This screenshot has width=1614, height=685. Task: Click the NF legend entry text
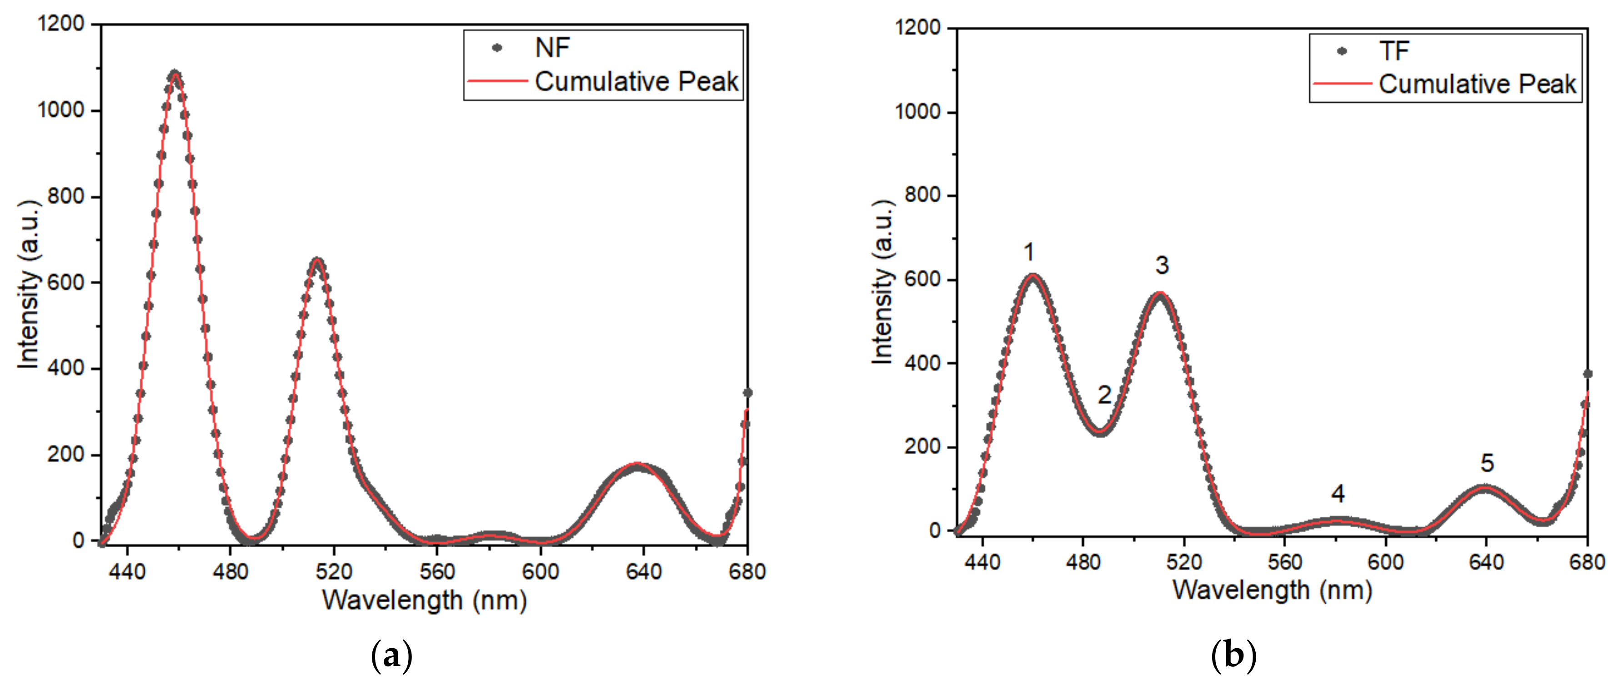coord(552,48)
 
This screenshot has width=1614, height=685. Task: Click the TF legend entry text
coord(1393,51)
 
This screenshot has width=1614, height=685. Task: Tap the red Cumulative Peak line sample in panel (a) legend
coord(497,81)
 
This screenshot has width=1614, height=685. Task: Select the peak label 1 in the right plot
coord(1029,252)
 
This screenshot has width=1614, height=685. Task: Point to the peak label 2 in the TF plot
coord(1104,395)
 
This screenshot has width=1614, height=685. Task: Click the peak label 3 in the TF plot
coord(1162,265)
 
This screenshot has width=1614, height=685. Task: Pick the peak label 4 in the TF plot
coord(1337,494)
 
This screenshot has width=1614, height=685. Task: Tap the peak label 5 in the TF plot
coord(1487,463)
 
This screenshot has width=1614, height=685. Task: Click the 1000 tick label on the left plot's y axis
coord(60,110)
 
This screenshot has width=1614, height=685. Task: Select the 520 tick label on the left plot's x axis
coord(333,571)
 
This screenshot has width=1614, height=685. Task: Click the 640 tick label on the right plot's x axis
coord(1485,562)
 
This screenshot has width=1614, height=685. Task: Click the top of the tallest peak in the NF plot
coord(175,74)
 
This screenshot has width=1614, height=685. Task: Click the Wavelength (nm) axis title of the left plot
coord(424,600)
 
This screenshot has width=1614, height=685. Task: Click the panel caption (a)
coord(391,655)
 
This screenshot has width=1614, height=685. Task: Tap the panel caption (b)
coord(1233,655)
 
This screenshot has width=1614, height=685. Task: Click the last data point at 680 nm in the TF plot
coord(1587,374)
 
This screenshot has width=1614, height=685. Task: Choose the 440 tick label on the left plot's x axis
coord(127,571)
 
